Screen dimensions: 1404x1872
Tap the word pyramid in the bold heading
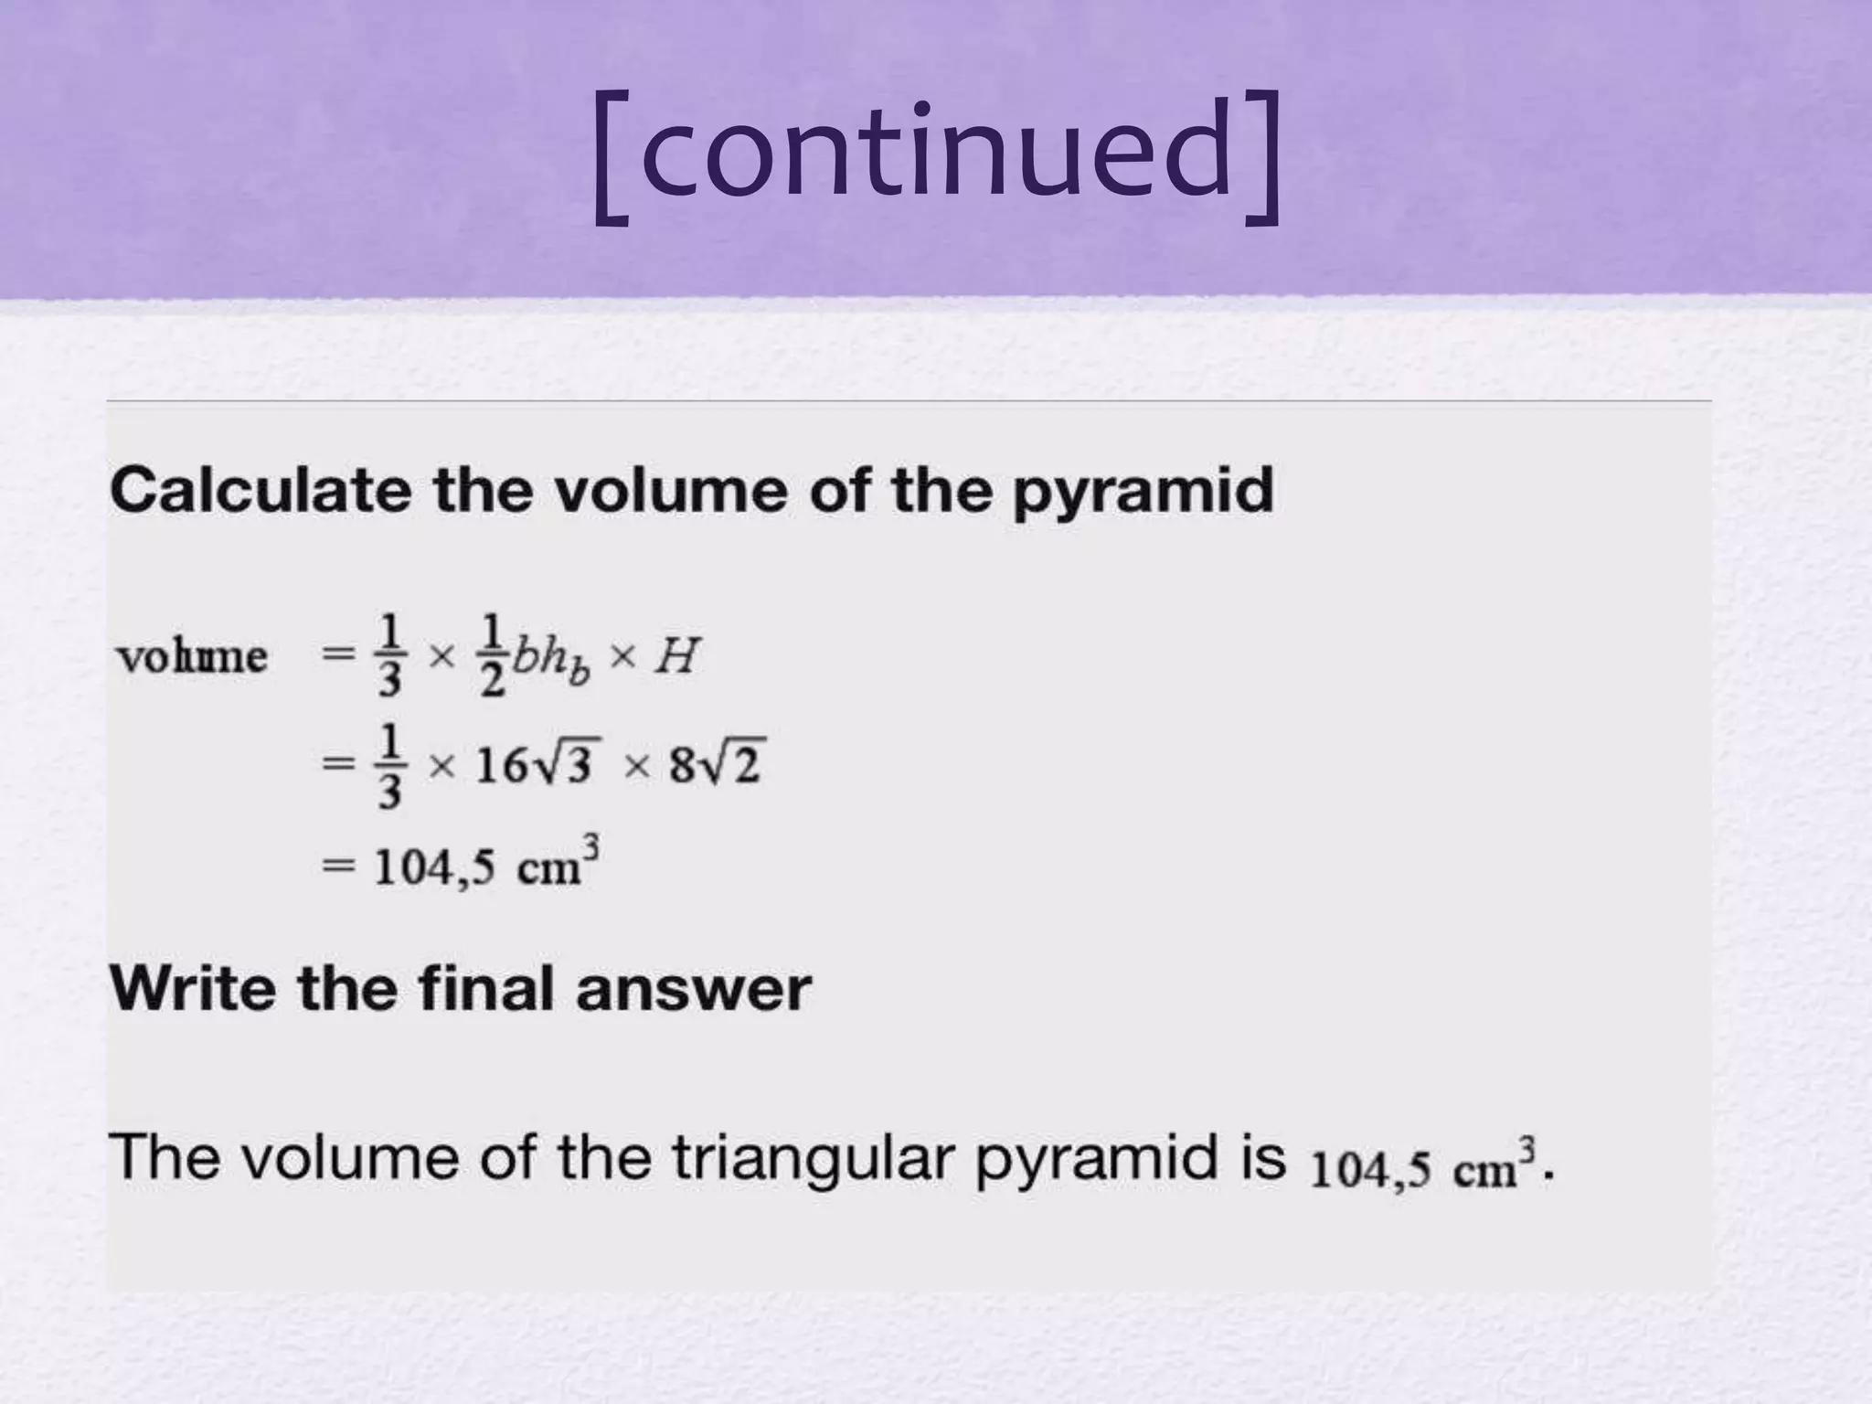coord(1143,492)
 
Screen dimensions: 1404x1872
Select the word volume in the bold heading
coord(671,490)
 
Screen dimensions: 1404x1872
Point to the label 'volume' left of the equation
coord(192,656)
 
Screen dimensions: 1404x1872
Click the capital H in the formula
coord(676,655)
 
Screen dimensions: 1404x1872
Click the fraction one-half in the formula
coord(493,655)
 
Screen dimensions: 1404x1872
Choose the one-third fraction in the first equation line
coord(389,655)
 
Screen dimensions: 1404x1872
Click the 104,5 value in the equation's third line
coord(434,867)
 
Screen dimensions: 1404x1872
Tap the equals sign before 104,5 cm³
coord(337,867)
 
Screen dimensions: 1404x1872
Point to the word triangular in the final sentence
coord(813,1159)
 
